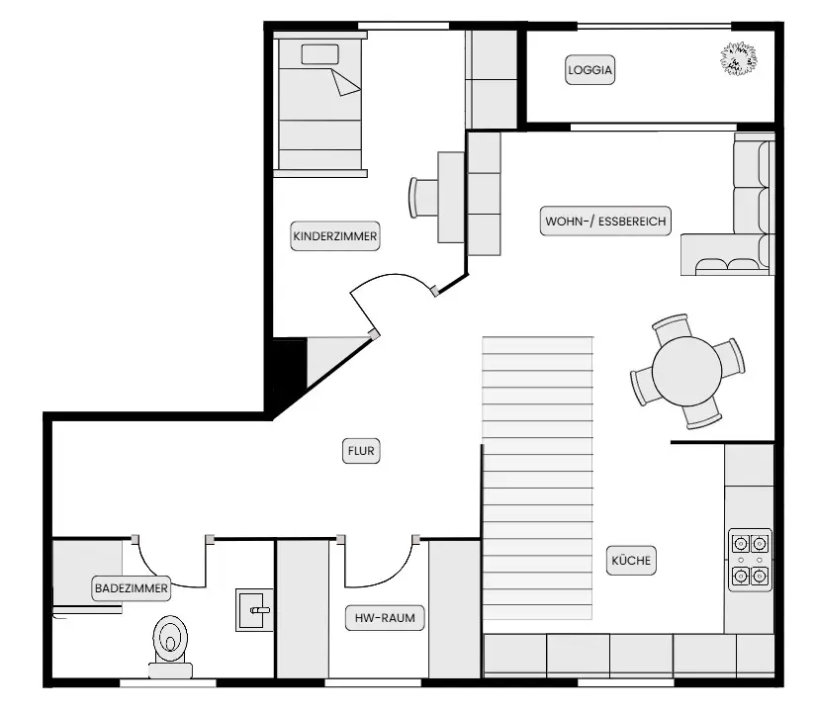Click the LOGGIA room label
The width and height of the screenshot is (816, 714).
[x=589, y=70]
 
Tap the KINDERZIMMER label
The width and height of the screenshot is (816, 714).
[x=335, y=236]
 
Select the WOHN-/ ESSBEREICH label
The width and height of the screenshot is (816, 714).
[x=605, y=222]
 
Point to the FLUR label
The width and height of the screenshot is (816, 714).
[x=361, y=451]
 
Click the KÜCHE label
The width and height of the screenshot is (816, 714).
[x=631, y=561]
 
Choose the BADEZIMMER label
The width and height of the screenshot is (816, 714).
[x=132, y=588]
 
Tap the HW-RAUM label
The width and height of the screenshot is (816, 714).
[x=385, y=618]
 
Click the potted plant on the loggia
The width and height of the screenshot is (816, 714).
[x=739, y=58]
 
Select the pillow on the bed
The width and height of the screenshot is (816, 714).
[x=320, y=54]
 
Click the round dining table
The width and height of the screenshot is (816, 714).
[x=687, y=371]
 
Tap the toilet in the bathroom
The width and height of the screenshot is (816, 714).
[x=170, y=647]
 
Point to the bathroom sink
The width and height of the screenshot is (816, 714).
[x=254, y=610]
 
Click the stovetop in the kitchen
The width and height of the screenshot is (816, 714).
[x=750, y=560]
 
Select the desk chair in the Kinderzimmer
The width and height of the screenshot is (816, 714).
[x=422, y=197]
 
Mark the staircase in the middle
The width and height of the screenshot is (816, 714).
[x=538, y=478]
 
